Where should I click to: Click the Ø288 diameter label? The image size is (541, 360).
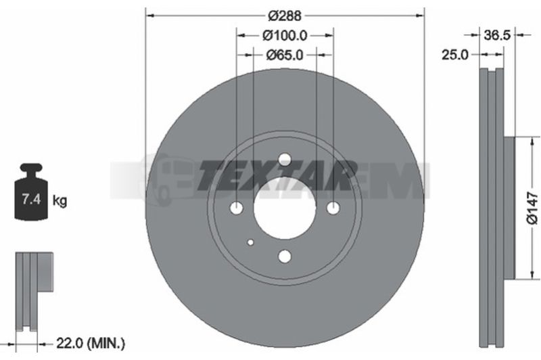click(x=285, y=16)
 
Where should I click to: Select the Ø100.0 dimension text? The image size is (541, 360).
click(x=285, y=35)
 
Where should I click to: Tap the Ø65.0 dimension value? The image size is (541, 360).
click(x=285, y=55)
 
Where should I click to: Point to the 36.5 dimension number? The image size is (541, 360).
click(x=497, y=35)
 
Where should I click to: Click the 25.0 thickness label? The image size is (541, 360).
click(x=455, y=55)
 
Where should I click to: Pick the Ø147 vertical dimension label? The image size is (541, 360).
click(x=532, y=208)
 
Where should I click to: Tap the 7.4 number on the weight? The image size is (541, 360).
click(x=31, y=199)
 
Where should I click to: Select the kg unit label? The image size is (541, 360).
click(x=60, y=200)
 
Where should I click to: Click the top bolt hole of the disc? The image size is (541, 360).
click(x=285, y=159)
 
